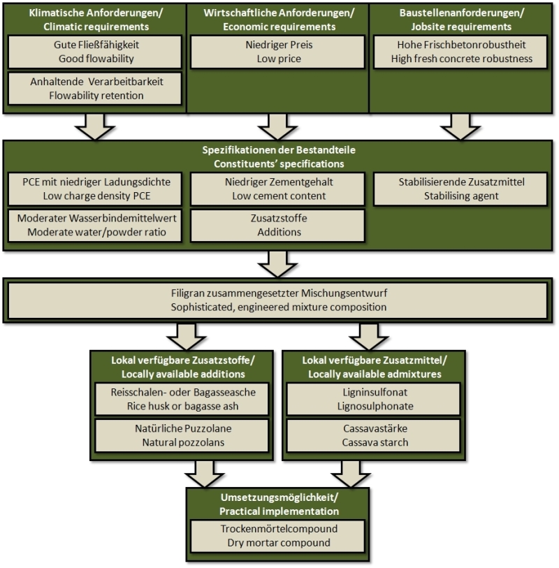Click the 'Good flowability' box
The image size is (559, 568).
click(94, 52)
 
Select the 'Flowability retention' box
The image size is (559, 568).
click(94, 89)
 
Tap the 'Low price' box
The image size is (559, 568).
click(277, 52)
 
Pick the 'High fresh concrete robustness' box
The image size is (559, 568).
click(460, 52)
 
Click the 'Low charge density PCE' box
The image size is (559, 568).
click(94, 189)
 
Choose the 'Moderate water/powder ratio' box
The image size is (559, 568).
click(94, 226)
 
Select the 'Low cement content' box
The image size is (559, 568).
click(277, 189)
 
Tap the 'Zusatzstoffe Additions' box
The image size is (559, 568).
click(277, 226)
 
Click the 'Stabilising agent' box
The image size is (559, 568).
click(460, 189)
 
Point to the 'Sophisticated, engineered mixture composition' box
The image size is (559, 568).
click(277, 300)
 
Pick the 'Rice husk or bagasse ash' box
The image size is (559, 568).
click(182, 399)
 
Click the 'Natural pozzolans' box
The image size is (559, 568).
click(182, 435)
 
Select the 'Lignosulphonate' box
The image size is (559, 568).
click(374, 399)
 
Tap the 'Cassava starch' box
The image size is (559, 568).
click(374, 435)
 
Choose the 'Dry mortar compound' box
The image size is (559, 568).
click(277, 536)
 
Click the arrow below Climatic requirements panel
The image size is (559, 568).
click(95, 126)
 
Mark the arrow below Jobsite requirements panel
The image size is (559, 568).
click(460, 126)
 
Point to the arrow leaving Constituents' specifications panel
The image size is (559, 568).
click(277, 264)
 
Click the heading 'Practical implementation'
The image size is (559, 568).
click(279, 511)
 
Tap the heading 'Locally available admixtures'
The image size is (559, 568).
click(375, 374)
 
